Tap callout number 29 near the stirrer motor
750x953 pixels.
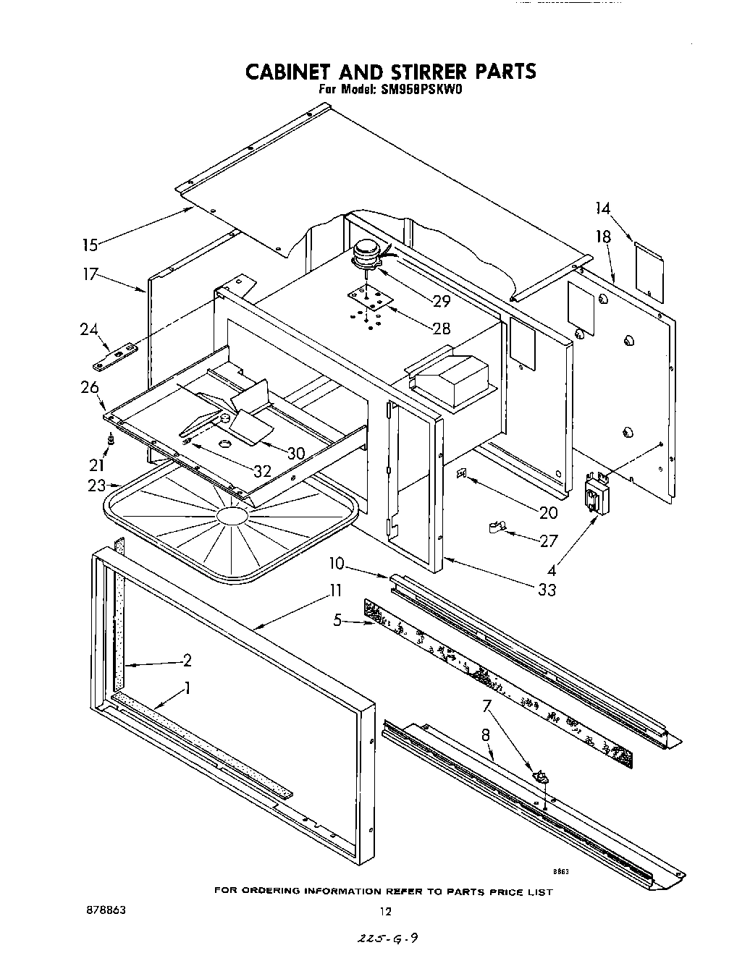click(442, 301)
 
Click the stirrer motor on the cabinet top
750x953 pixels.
click(366, 256)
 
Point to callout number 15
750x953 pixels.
click(90, 245)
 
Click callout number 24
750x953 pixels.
click(89, 329)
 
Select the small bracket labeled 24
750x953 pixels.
click(118, 355)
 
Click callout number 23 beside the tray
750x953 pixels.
click(96, 486)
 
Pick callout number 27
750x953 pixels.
click(549, 541)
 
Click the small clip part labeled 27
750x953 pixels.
click(497, 529)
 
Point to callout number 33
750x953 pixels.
click(547, 589)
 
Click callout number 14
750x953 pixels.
click(602, 208)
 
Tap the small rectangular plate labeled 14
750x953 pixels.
click(649, 271)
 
